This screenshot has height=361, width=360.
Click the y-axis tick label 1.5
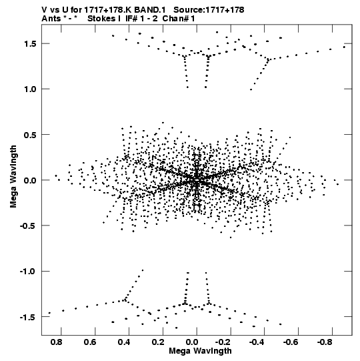click(x=31, y=43)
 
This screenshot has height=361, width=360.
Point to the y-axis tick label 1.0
click(x=31, y=89)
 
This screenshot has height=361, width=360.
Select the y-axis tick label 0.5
click(x=31, y=135)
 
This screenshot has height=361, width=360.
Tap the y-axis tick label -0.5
click(x=28, y=226)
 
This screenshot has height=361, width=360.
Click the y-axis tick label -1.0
click(x=28, y=271)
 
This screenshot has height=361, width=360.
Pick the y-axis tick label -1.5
click(x=28, y=317)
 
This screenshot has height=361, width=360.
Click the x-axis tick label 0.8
click(x=57, y=342)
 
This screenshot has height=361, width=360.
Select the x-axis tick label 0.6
click(x=90, y=342)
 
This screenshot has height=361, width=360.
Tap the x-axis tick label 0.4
click(x=124, y=342)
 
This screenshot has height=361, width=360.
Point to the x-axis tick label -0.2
click(x=224, y=342)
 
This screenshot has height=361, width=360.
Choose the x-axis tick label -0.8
click(x=325, y=342)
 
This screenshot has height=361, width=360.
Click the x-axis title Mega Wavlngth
click(x=200, y=351)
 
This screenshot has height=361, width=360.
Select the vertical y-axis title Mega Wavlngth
click(x=13, y=177)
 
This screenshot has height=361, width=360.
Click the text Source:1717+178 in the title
click(x=209, y=10)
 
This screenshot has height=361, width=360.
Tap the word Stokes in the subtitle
click(x=103, y=19)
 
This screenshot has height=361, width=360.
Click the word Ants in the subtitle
click(x=51, y=19)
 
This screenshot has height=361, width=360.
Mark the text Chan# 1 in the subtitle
click(x=179, y=19)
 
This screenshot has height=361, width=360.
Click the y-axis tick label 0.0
click(x=31, y=180)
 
